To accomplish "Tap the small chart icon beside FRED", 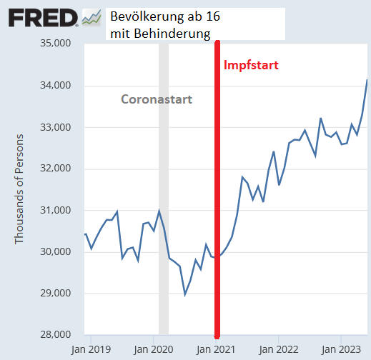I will pos(91,17).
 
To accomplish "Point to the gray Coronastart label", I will pos(156,99).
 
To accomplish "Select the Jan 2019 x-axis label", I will pos(91,350).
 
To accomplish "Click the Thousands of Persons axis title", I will pos(20,189).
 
